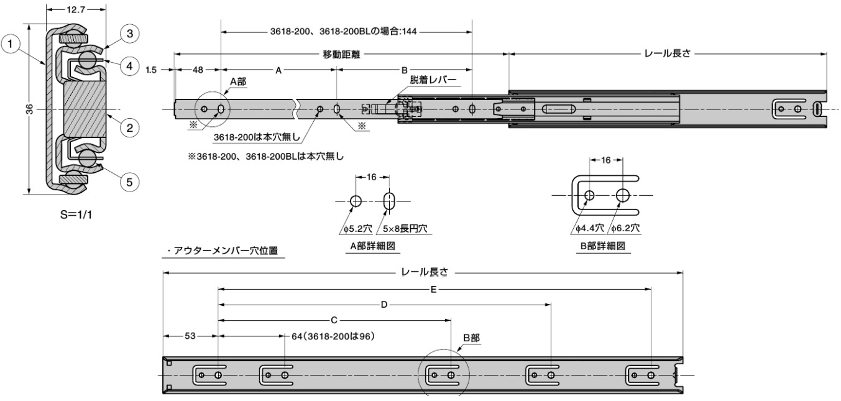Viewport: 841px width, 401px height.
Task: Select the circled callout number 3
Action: click(129, 34)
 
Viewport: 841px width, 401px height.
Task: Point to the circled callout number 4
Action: click(129, 66)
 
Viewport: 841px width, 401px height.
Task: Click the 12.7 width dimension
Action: click(76, 10)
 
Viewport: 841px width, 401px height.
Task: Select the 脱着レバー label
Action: click(433, 81)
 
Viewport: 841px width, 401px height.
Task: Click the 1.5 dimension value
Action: click(151, 71)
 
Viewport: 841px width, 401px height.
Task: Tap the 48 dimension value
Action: click(197, 71)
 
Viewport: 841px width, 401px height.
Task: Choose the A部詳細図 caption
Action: click(371, 246)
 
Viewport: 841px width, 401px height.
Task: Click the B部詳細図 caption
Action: click(602, 246)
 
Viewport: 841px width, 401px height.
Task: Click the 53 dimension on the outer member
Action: click(190, 336)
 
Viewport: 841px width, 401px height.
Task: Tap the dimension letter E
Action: click(434, 288)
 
